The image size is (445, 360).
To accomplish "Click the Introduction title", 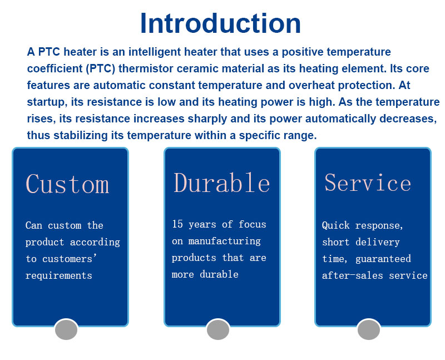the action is coord(220,23).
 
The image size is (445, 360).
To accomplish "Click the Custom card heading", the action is coord(67,184).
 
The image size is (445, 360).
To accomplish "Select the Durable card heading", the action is coord(221,183).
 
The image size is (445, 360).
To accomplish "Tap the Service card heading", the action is coord(368,183).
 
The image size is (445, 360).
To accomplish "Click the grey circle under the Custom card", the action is coord(66,329).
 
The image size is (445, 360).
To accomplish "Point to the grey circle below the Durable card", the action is coord(218,329).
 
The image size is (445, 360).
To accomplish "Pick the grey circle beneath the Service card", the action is coord(369,329).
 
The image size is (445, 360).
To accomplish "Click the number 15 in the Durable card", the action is coord(177,224).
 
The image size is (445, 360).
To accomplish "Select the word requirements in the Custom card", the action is coord(59,275).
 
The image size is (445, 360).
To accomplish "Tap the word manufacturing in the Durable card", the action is coord(225,241).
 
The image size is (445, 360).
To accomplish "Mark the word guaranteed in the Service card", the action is coord(383,259).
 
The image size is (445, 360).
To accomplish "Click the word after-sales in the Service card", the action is coord(353,275).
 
